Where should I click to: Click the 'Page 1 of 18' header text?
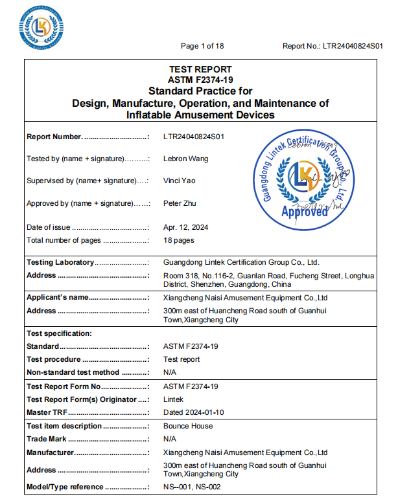[x=202, y=46]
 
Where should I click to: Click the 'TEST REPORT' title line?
[x=200, y=69]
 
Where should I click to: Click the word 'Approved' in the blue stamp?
[x=305, y=212]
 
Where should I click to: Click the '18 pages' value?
[x=179, y=240]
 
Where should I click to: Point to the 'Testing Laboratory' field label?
[x=60, y=262]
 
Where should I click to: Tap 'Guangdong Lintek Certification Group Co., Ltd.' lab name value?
[x=242, y=262]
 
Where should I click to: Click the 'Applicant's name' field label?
[x=57, y=298]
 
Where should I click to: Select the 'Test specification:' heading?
[x=59, y=333]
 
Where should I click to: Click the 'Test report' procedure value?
[x=181, y=359]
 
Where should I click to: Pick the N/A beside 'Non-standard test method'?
[x=170, y=372]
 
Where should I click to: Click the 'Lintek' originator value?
[x=174, y=399]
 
